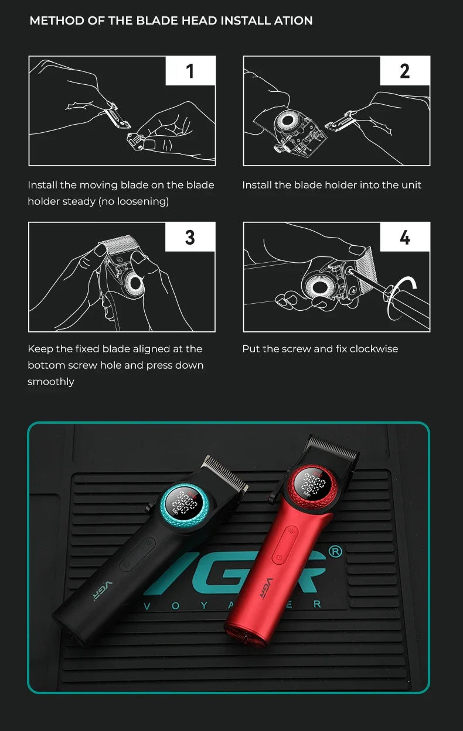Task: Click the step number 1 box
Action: pos(190,71)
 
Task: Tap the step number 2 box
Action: pos(405,71)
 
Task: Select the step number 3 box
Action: pos(190,237)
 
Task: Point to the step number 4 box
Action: pos(405,237)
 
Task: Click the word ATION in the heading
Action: pos(294,21)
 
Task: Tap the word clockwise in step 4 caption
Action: pos(374,349)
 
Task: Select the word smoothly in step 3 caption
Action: pos(51,382)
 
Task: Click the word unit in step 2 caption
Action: pos(411,185)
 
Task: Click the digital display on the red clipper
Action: pos(314,483)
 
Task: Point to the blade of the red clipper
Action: pos(333,447)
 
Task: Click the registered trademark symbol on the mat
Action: pos(335,551)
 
